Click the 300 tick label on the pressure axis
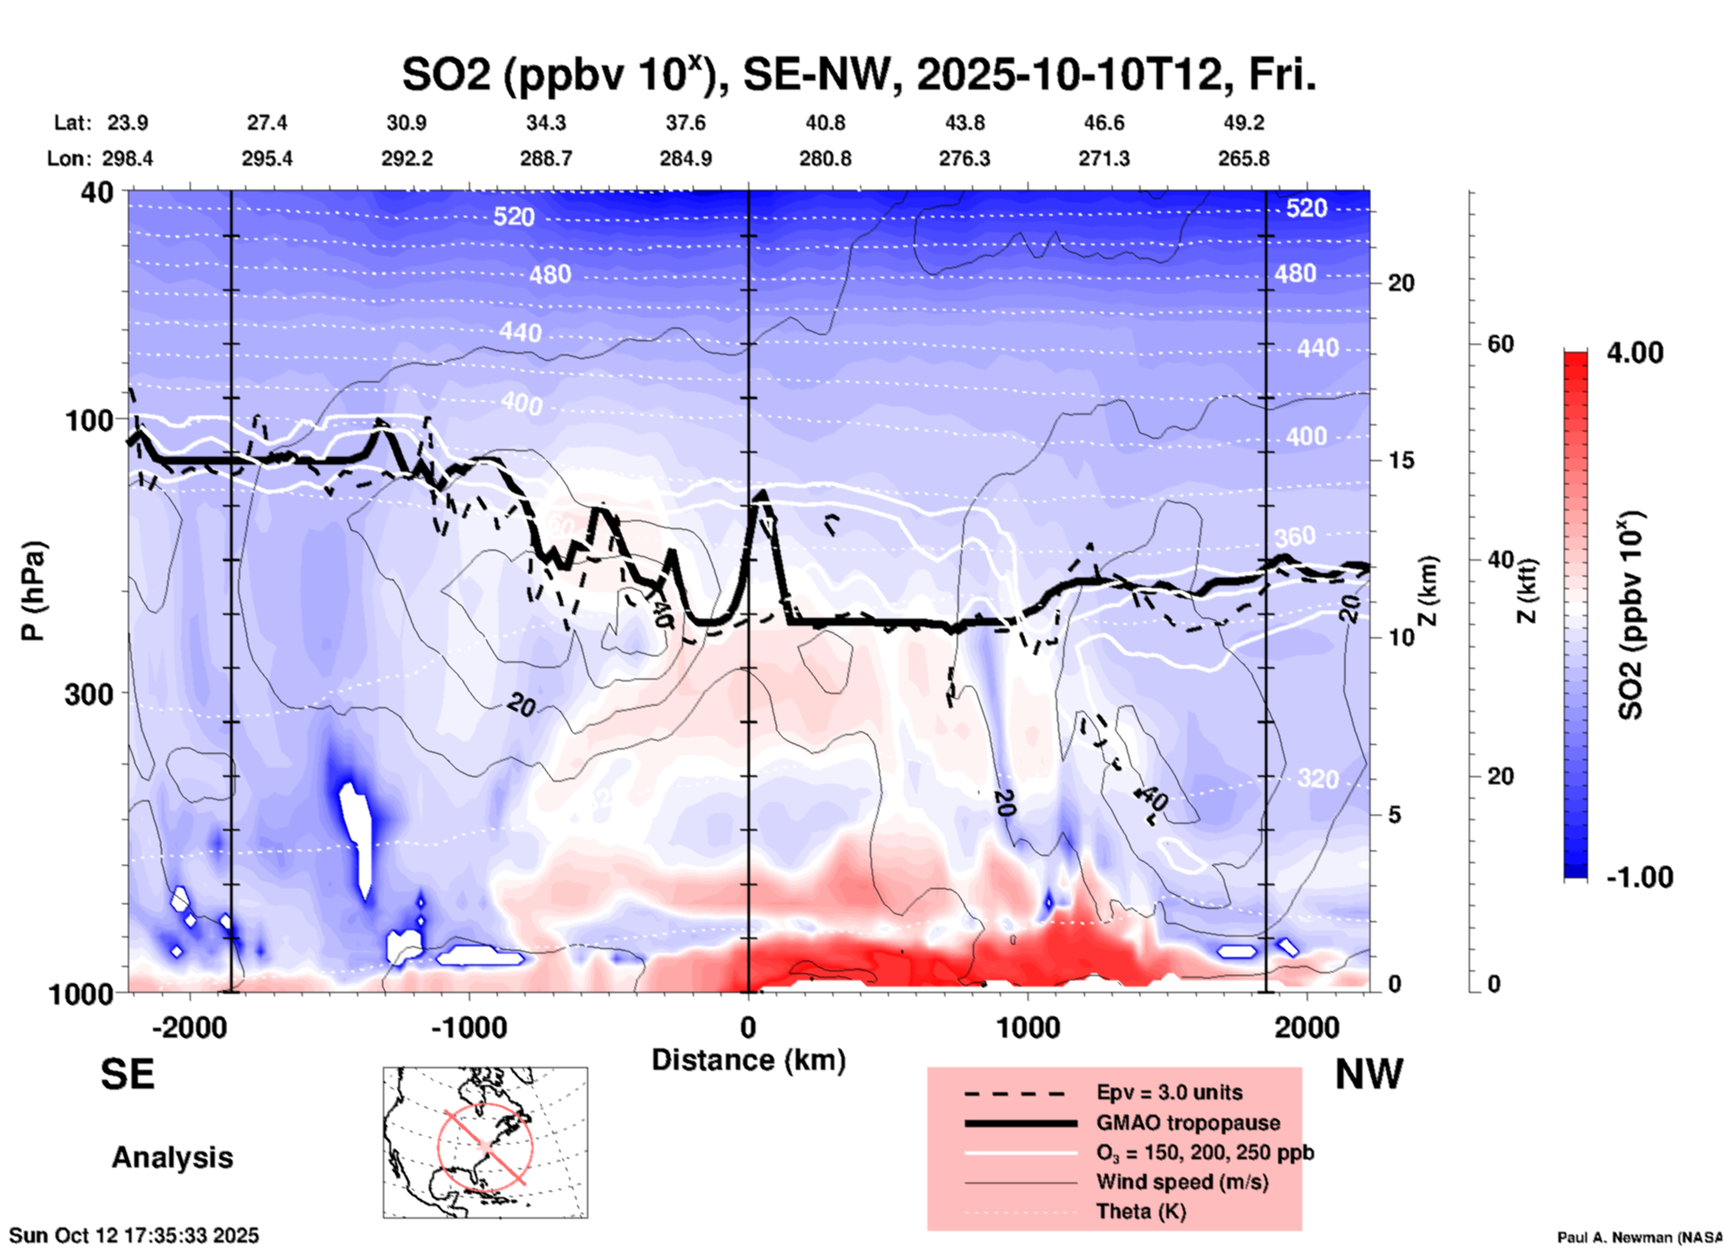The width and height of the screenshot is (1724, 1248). point(89,693)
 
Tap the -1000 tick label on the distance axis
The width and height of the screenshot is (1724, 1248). point(469,1027)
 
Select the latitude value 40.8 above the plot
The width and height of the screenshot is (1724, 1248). point(824,123)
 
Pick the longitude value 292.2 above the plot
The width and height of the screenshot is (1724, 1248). point(407,158)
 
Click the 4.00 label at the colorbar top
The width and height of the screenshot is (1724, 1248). point(1634,352)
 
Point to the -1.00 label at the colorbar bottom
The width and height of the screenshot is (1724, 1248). point(1639,876)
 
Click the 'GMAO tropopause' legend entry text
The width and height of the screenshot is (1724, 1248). point(1188,1123)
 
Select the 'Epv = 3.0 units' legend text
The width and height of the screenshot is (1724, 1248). point(1169,1092)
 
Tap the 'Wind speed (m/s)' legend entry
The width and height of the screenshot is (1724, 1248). point(1182,1182)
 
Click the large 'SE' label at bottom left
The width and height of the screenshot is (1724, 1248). point(127,1074)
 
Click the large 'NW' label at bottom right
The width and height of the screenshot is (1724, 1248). point(1369,1074)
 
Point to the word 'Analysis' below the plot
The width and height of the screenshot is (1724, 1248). point(172,1158)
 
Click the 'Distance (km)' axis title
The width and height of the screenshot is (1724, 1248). point(748,1060)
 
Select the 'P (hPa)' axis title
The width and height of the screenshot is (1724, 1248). point(33,591)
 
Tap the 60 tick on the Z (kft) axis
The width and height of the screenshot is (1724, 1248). point(1500,344)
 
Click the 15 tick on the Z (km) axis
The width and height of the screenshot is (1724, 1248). point(1401,460)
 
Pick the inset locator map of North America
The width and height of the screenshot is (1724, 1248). point(485,1142)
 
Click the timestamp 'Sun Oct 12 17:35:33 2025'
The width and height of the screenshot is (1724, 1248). point(134,1235)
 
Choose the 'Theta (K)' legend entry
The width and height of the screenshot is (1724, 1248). point(1140,1211)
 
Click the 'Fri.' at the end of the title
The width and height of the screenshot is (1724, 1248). point(1281,75)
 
